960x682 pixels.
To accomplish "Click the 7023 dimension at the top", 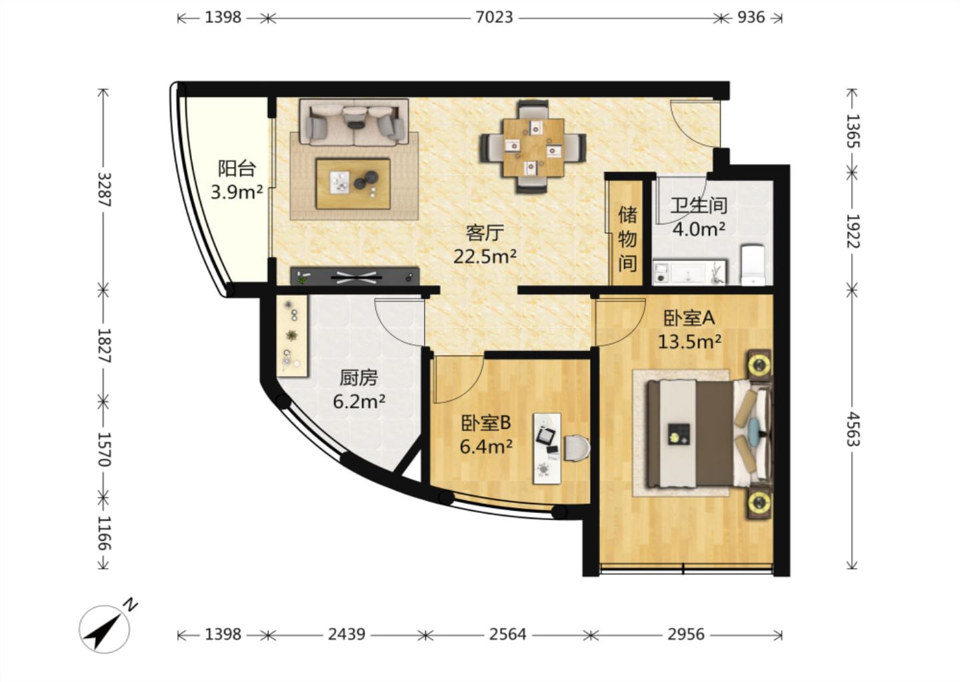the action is (x=494, y=17).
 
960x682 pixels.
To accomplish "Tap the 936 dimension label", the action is (x=751, y=17).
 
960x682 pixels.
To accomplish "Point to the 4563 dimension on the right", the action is (x=852, y=430).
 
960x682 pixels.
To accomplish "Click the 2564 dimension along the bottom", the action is (x=508, y=635).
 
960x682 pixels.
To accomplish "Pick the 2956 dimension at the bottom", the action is (x=686, y=635).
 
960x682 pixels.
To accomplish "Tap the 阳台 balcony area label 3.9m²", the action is (x=237, y=192).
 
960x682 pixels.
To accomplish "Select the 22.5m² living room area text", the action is (x=485, y=256).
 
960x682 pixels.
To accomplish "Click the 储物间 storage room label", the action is (x=627, y=239).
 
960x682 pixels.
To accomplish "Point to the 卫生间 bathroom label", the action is (x=699, y=206).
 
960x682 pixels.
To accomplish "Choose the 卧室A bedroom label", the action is (x=689, y=318).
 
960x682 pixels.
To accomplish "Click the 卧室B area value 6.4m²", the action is (x=486, y=447).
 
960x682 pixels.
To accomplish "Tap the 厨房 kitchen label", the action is (x=359, y=378).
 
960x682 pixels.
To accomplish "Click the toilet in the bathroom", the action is (x=753, y=265).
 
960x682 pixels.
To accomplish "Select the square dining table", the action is (x=533, y=147).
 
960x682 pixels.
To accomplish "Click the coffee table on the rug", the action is (x=353, y=184).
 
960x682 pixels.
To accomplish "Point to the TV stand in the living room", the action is (x=355, y=276).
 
